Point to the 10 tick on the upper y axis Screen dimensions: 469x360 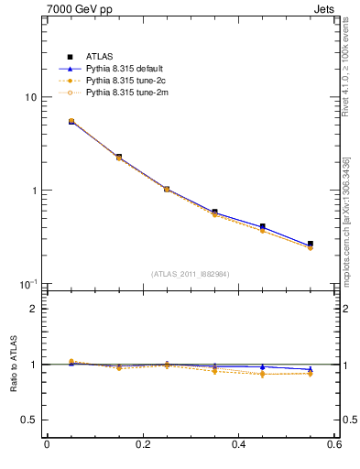pyautogui.click(x=31, y=97)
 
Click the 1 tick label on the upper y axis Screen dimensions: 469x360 pyautogui.click(x=34, y=191)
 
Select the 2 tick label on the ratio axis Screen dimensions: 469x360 pyautogui.click(x=34, y=310)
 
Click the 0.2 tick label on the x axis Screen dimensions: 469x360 pyautogui.click(x=142, y=444)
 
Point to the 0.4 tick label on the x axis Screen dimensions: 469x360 pyautogui.click(x=238, y=444)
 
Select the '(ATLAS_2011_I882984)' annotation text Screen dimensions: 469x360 pyautogui.click(x=190, y=274)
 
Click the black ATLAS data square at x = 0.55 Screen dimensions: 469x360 pyautogui.click(x=311, y=244)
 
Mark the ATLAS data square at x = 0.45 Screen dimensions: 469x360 pyautogui.click(x=262, y=226)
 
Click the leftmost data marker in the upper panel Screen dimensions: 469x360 pyautogui.click(x=71, y=121)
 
